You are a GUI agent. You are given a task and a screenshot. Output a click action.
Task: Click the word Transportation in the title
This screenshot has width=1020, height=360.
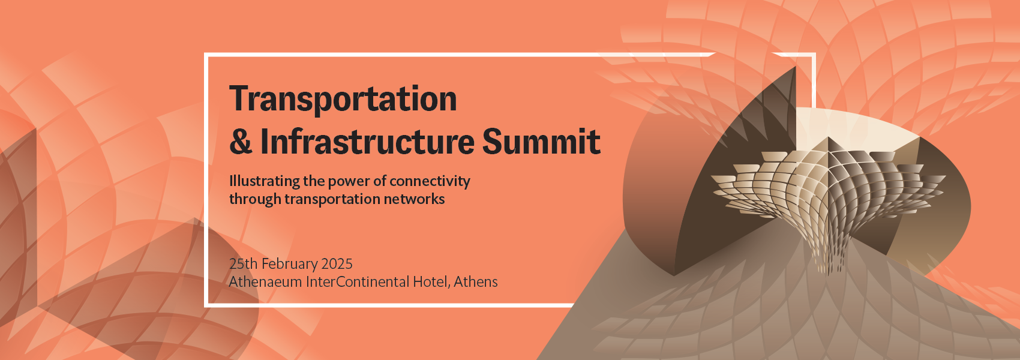(343, 100)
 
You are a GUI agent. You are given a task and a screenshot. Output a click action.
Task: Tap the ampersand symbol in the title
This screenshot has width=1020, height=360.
(241, 142)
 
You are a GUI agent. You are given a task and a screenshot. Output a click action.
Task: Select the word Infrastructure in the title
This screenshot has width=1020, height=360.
(367, 142)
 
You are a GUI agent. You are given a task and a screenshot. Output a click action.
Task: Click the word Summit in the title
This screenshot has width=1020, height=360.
(541, 142)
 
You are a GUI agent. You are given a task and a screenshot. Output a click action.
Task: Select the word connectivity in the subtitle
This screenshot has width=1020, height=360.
(430, 181)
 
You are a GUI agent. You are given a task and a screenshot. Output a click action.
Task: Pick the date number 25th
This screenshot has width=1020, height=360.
(243, 264)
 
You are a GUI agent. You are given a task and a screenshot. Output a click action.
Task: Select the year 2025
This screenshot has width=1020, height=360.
(337, 264)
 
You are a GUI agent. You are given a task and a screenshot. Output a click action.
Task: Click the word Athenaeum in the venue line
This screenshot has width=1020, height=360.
(265, 282)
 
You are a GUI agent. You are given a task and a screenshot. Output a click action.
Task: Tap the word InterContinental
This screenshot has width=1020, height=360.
(357, 282)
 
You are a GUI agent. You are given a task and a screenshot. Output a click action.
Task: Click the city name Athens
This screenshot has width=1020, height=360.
(476, 282)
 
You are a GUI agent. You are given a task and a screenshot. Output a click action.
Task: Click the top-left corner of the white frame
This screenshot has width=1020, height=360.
(206, 55)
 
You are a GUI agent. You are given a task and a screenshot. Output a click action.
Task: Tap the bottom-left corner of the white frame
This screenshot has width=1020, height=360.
(206, 305)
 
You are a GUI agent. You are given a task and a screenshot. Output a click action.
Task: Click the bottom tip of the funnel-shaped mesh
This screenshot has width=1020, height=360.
(831, 275)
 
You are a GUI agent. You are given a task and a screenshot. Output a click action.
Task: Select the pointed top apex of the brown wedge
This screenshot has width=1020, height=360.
(795, 67)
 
